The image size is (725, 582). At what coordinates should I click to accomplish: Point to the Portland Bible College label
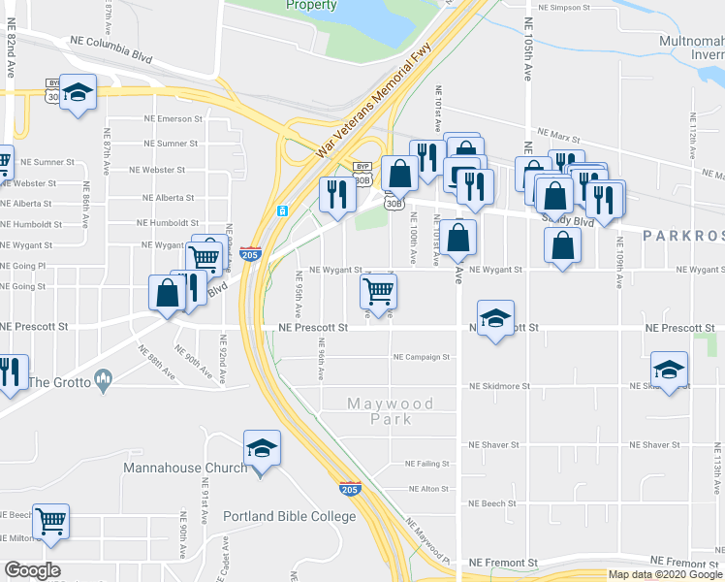(290, 516)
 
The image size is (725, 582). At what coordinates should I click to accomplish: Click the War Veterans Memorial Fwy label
(375, 106)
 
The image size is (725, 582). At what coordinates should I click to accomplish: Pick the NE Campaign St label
(422, 357)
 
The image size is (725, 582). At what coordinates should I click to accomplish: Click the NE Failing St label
(428, 464)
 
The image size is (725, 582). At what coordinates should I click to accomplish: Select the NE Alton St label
(429, 490)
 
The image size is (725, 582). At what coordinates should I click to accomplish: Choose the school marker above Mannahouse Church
(262, 448)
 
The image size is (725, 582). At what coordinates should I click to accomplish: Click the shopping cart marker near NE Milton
(50, 521)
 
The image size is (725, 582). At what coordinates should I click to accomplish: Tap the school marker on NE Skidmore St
(669, 370)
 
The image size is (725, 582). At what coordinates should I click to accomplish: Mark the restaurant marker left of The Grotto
(11, 372)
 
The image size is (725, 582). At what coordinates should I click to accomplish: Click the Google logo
(32, 570)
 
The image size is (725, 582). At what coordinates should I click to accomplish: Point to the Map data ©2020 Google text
(664, 574)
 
